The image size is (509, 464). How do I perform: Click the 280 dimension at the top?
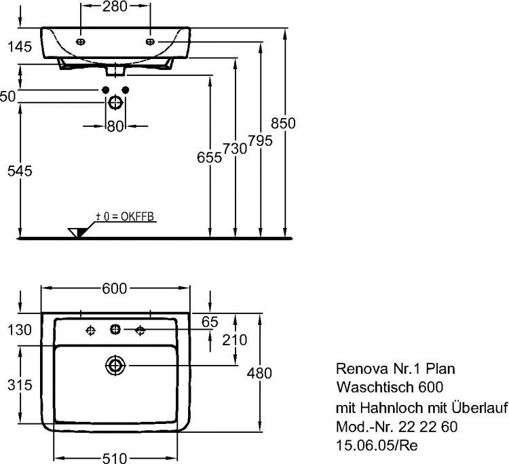pos(115,7)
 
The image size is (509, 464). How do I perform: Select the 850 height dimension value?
pos(282,123)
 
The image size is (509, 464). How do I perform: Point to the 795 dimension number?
pos(260,141)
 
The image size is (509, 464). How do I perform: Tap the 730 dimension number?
pos(235,149)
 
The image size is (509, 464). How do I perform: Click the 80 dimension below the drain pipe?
pos(115,125)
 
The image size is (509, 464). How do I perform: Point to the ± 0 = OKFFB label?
pos(126,216)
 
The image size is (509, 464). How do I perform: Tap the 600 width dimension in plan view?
pos(115,288)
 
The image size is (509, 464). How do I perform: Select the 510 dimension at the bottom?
pos(115,457)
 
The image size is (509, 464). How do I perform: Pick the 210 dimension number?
pos(234,339)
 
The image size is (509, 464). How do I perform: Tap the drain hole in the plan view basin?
pos(115,366)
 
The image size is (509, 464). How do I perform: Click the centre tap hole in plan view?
pos(115,330)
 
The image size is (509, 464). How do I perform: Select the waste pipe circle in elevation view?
pos(115,102)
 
